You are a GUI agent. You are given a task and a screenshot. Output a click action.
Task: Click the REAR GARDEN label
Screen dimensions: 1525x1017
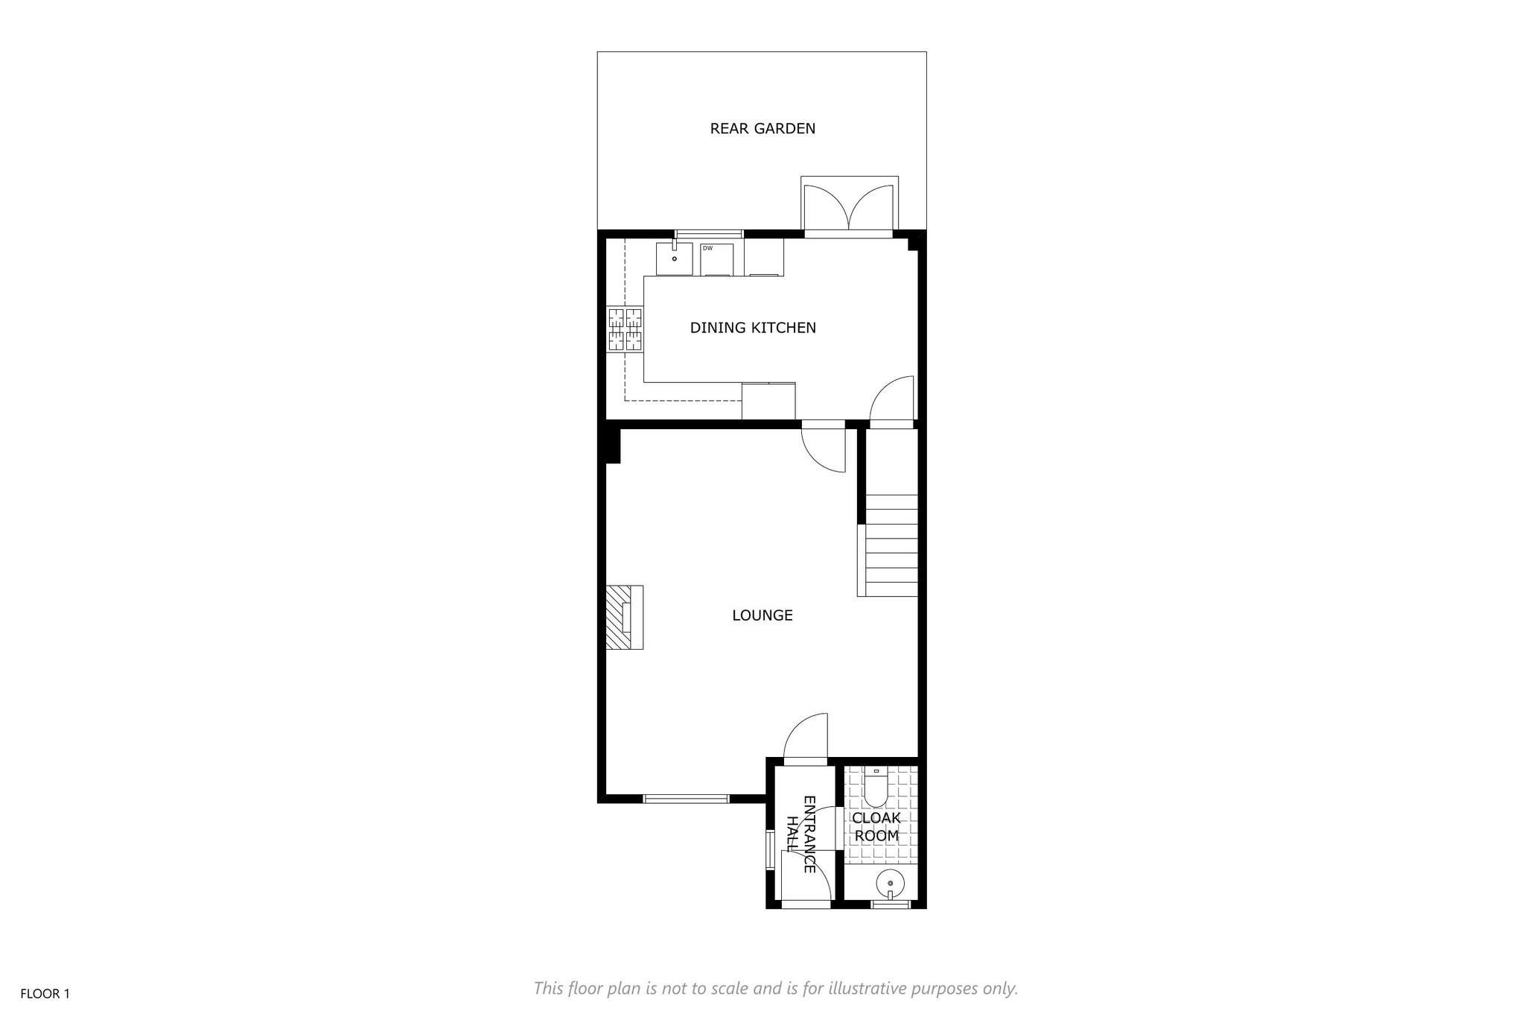click(x=762, y=129)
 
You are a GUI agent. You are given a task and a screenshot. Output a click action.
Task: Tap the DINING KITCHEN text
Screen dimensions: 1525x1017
click(x=753, y=328)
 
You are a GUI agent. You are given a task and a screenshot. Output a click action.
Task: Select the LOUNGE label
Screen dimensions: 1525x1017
click(x=762, y=615)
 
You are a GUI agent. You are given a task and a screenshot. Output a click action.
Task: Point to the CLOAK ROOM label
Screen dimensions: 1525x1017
click(x=877, y=827)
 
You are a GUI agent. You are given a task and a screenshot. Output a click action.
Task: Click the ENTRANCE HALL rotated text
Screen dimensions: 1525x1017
click(x=801, y=834)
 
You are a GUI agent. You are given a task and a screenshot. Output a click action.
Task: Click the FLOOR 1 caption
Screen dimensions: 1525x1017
click(x=45, y=994)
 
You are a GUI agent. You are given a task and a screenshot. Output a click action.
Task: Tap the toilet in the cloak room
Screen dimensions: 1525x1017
click(x=876, y=788)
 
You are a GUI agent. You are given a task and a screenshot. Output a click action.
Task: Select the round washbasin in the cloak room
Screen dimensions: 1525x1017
click(x=890, y=884)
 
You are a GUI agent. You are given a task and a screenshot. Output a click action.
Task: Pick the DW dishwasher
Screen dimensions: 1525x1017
click(x=718, y=259)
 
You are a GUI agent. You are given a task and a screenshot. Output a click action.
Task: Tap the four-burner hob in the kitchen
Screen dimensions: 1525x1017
click(x=625, y=329)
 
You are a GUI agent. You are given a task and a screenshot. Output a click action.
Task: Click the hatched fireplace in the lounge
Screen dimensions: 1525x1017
click(x=624, y=618)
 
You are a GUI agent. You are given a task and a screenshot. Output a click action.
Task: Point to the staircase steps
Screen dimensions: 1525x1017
click(x=890, y=545)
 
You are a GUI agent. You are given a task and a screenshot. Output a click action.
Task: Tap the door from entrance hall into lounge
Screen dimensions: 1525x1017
click(x=806, y=737)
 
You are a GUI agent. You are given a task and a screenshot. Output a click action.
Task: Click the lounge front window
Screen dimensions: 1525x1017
click(x=686, y=799)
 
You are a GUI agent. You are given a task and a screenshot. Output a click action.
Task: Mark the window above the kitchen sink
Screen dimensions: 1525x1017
click(x=708, y=234)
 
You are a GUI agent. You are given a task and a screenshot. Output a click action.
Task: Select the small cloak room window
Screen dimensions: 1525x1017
click(x=891, y=905)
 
